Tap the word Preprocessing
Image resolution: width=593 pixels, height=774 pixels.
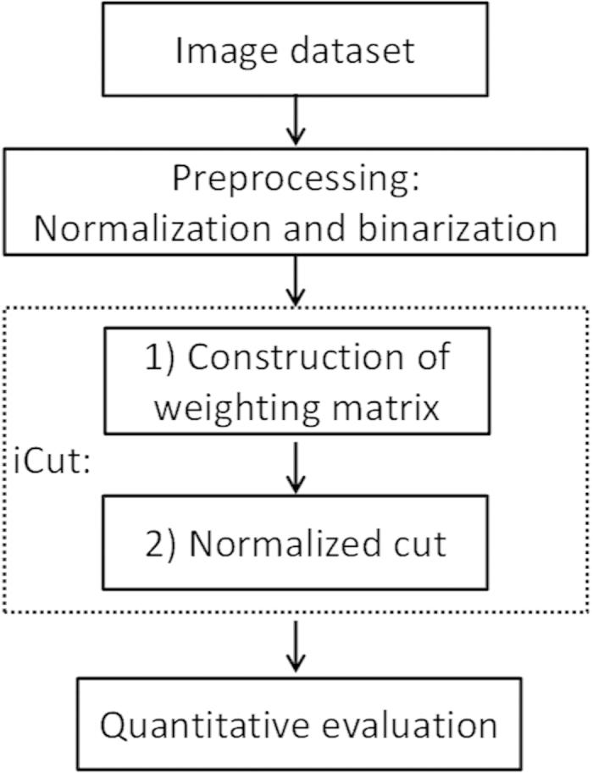click(294, 178)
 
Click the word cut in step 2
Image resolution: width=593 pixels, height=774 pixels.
click(422, 543)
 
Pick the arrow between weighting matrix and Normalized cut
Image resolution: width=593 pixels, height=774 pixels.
click(295, 467)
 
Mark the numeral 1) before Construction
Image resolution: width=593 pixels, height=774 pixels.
click(158, 358)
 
